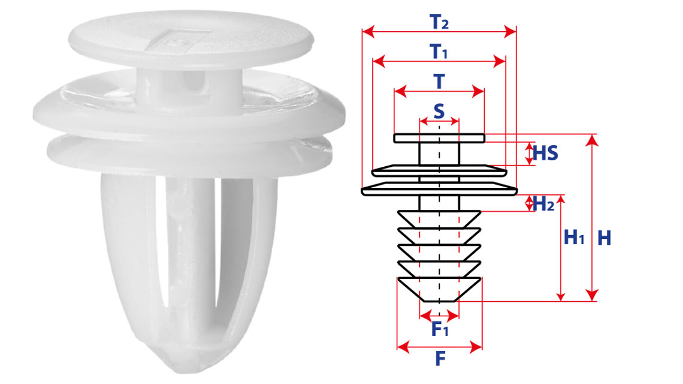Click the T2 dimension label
point(439,22)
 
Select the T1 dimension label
point(439,52)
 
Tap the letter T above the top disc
point(439,81)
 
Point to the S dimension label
point(439,111)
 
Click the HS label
point(545,153)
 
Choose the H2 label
point(543,203)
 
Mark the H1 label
point(574,238)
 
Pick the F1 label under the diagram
point(440,329)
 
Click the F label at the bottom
point(440,359)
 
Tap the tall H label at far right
point(604,238)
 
